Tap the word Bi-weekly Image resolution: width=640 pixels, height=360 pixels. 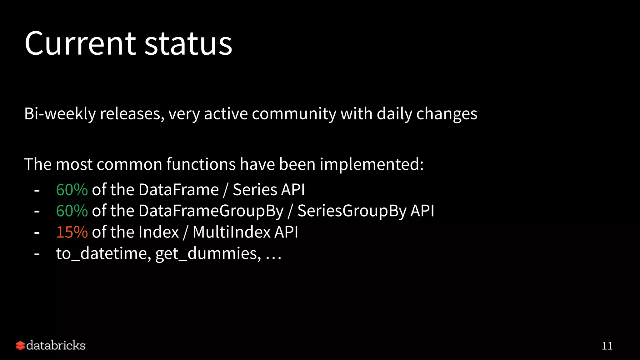60,114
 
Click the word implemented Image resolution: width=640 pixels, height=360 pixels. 371,164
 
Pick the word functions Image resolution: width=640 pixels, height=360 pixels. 201,164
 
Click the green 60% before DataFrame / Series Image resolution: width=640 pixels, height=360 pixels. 72,190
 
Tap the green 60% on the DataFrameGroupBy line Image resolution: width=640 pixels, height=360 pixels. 72,211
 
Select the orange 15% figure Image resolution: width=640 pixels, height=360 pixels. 72,232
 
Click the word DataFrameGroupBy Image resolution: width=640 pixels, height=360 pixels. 211,211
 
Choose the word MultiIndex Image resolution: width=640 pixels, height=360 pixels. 232,232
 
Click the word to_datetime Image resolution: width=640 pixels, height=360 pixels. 103,253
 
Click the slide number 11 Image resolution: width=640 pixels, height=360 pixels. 607,346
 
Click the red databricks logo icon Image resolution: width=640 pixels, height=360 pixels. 20,346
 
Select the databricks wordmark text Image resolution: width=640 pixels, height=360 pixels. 56,346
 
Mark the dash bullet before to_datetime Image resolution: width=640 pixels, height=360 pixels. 37,254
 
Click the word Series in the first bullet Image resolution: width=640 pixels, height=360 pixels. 255,190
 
